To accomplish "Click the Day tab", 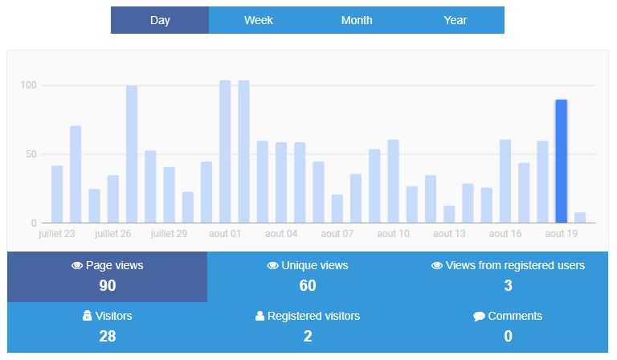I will click(160, 20).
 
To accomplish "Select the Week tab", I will click(259, 20).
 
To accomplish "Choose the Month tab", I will click(357, 20).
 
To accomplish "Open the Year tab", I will click(456, 20).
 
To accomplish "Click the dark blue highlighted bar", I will click(562, 161).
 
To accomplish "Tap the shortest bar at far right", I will click(580, 218).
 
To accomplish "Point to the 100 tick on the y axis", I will click(29, 85).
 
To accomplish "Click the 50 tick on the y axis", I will click(31, 154).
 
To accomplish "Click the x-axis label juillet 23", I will click(57, 234).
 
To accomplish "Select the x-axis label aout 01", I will click(225, 234).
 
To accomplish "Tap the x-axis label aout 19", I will click(562, 234).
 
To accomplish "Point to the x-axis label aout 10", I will click(393, 234).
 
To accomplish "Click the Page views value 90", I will click(108, 285).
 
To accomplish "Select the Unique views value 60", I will click(308, 285).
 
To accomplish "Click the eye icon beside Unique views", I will click(273, 266).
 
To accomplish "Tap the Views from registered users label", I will click(515, 265).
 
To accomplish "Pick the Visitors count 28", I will click(108, 336).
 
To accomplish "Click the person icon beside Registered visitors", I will click(259, 317).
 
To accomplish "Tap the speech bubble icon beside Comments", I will click(479, 317).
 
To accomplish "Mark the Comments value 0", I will click(508, 336).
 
